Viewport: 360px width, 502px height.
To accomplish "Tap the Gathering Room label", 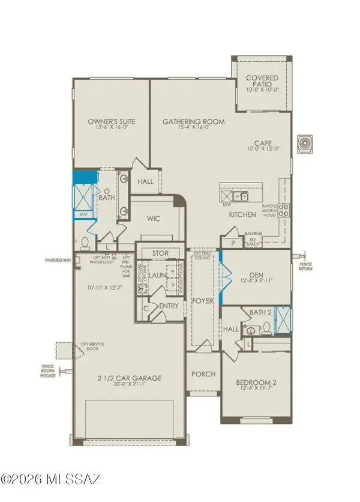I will (x=194, y=122).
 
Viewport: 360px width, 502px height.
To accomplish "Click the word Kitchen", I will (x=243, y=214).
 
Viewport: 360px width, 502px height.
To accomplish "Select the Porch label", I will (x=203, y=374).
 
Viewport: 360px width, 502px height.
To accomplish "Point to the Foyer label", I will (x=203, y=300).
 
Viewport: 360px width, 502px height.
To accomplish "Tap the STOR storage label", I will (x=160, y=253).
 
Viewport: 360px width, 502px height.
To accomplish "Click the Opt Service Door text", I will (x=94, y=345).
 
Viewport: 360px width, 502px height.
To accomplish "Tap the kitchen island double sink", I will (x=241, y=196).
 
